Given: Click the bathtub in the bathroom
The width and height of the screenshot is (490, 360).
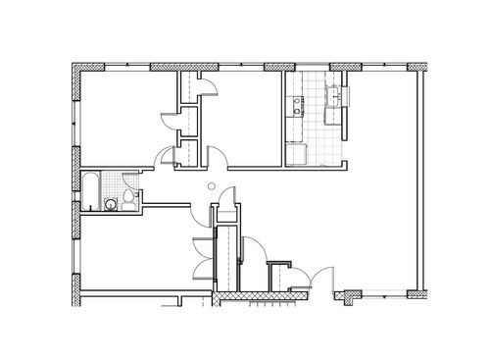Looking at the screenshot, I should pyautogui.click(x=89, y=191).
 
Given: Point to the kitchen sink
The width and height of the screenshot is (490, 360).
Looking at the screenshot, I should pyautogui.click(x=336, y=96).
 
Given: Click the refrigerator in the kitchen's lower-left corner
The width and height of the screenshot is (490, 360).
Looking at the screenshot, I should pyautogui.click(x=295, y=152).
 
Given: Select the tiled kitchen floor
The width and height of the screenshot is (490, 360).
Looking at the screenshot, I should pyautogui.click(x=316, y=123).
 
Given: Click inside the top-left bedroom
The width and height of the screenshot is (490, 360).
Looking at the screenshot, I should pyautogui.click(x=122, y=118).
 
